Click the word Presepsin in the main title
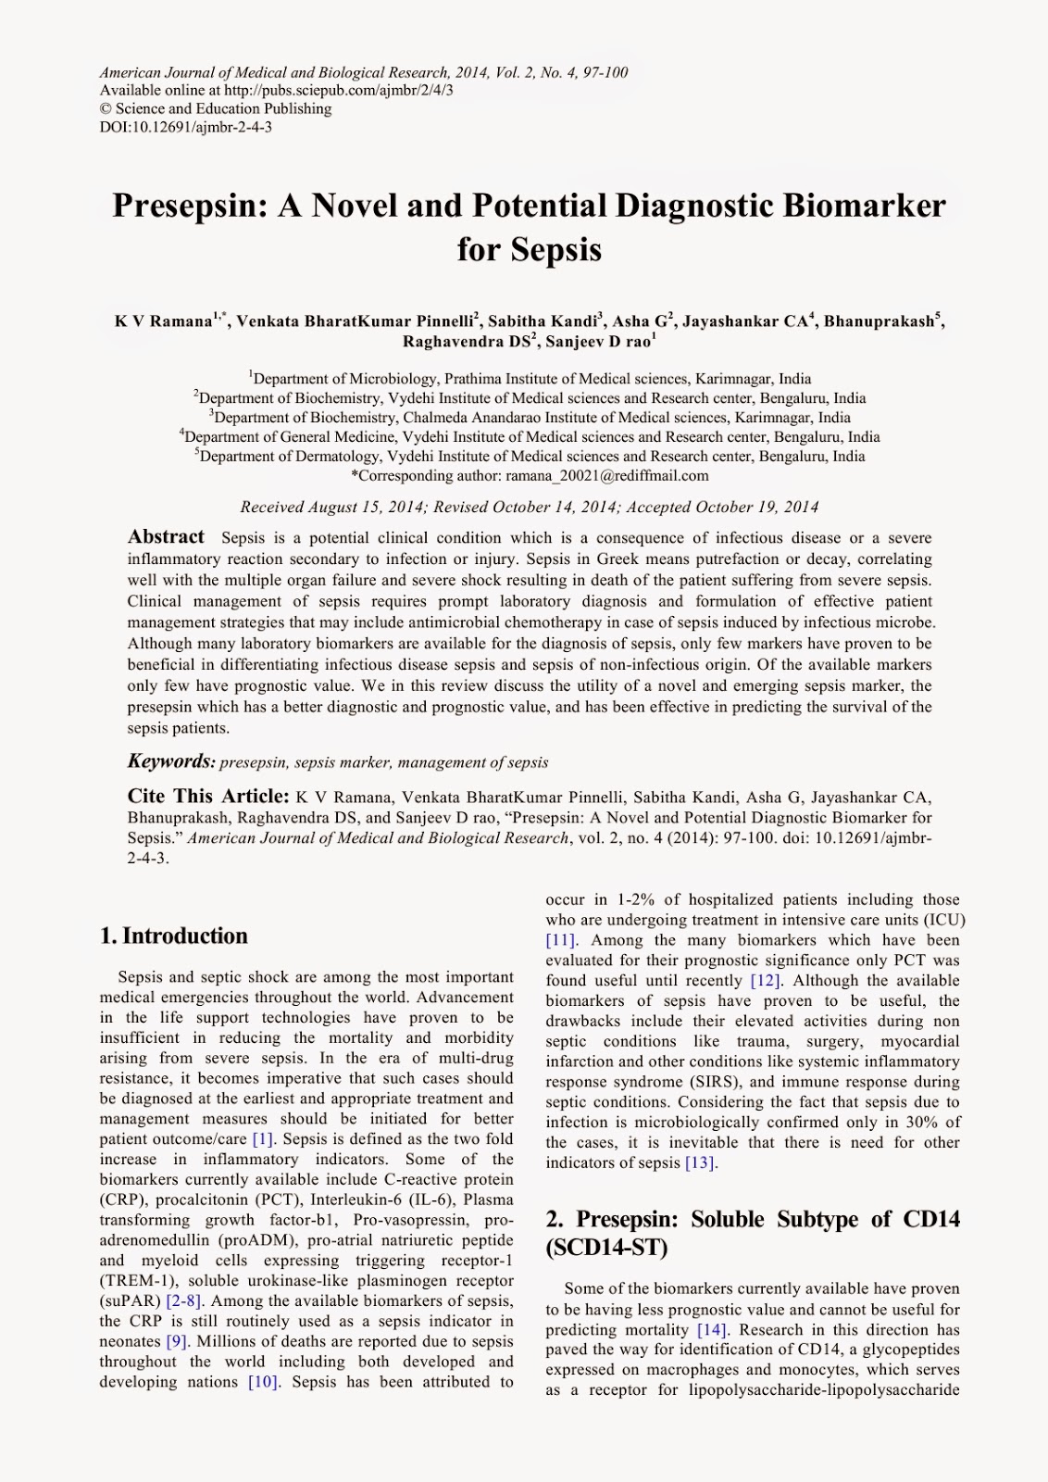190,206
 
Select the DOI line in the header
185,127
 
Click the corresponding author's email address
606,476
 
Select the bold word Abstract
166,537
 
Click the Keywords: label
171,762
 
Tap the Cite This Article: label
208,797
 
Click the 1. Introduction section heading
174,936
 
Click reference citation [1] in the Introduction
263,1139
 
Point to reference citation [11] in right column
561,940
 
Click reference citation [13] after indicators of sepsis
701,1163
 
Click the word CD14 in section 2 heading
931,1219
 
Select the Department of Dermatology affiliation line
530,457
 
